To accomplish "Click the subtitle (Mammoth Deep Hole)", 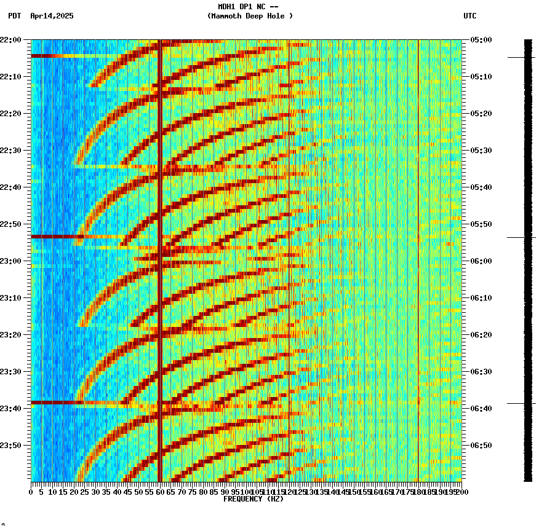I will click(250, 16).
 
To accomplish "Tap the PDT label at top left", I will click(15, 16).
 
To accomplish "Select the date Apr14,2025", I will click(52, 16).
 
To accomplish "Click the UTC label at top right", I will click(470, 16).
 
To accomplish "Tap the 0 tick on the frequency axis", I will click(31, 492).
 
